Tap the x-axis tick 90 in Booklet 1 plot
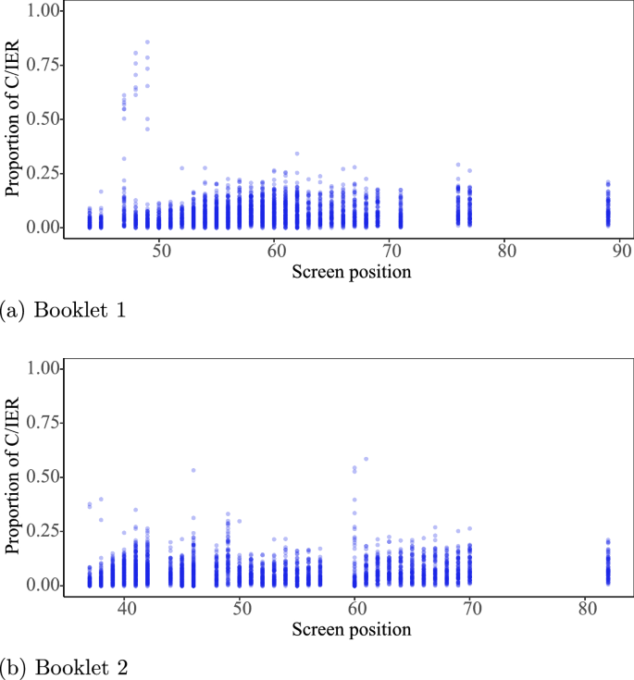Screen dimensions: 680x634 (621, 251)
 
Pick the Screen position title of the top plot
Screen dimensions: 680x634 (351, 272)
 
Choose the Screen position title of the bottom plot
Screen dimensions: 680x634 (351, 630)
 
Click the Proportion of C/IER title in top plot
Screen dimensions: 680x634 (13, 119)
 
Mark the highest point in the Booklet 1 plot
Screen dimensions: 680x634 (147, 42)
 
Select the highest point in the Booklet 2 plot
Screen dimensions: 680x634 (367, 459)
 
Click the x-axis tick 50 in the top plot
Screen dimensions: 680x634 (159, 251)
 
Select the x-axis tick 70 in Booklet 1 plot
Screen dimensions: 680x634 (390, 251)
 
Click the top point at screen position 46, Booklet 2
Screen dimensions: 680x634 (193, 470)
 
